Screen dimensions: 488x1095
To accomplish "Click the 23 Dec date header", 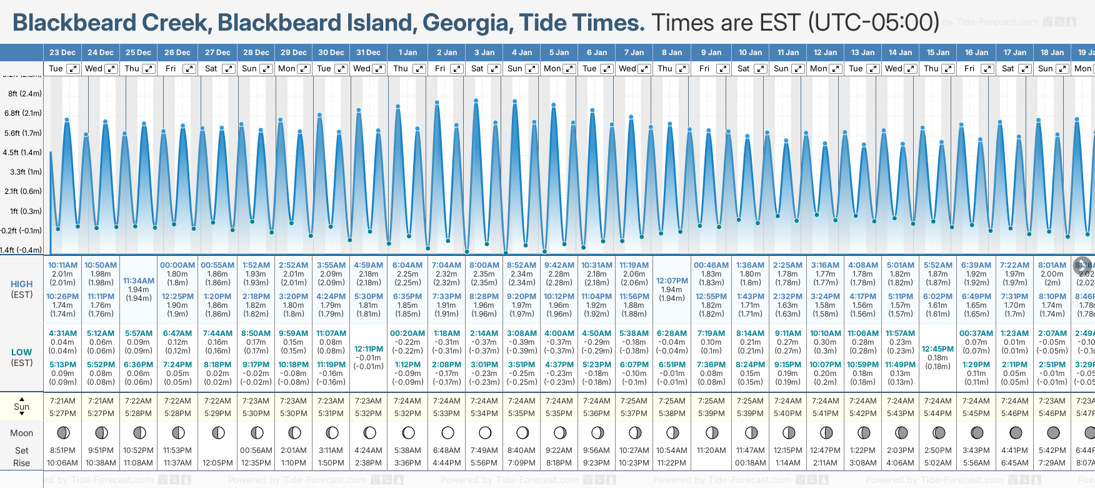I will [x=62, y=53].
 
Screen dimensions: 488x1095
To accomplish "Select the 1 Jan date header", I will [x=407, y=53].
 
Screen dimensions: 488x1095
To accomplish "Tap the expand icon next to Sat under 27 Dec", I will [x=228, y=69].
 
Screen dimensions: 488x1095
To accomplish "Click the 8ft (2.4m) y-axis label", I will [x=25, y=94].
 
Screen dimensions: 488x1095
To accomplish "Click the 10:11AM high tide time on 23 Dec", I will [x=63, y=265].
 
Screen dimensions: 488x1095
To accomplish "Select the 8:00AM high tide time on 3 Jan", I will [x=484, y=265].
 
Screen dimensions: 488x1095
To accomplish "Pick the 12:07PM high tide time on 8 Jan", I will [x=672, y=281].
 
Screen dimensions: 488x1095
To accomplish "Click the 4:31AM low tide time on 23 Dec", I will [x=62, y=333].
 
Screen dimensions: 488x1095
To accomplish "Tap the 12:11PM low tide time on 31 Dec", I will [x=369, y=349].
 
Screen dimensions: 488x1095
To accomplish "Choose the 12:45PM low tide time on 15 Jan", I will [x=938, y=349].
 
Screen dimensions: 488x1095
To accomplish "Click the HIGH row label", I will [x=22, y=284].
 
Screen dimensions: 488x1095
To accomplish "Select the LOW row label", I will [x=22, y=352].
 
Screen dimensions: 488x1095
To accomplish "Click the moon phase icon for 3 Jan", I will [x=485, y=432].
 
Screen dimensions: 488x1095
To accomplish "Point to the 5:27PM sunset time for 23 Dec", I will [x=62, y=414].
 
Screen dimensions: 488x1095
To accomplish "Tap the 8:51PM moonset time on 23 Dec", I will [x=62, y=450].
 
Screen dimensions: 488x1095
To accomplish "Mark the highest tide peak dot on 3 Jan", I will [x=476, y=101].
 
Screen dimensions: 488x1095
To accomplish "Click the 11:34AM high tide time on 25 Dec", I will [x=139, y=281].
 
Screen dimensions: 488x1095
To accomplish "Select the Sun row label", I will [x=22, y=407].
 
